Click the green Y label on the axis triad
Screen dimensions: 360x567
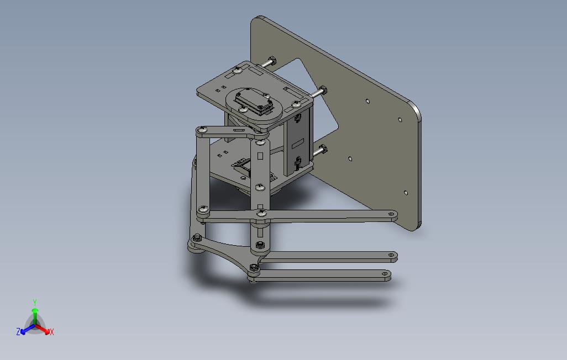click(x=35, y=303)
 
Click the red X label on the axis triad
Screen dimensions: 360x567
click(x=51, y=332)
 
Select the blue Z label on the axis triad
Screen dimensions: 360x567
click(x=18, y=332)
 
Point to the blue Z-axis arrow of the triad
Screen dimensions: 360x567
click(x=25, y=331)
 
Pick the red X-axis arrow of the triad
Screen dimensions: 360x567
click(x=44, y=330)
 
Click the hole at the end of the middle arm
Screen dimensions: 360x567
click(x=391, y=256)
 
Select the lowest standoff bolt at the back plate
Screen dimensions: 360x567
click(x=322, y=149)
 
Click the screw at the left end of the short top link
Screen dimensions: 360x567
click(x=202, y=130)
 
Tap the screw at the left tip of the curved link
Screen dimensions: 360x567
click(x=196, y=239)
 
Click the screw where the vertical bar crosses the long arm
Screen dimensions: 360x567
click(x=261, y=212)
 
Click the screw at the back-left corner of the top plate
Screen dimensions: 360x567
click(x=238, y=70)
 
